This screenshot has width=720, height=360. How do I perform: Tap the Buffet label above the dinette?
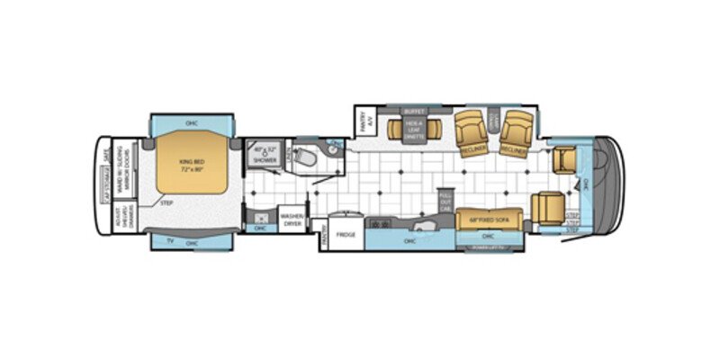[x=414, y=112]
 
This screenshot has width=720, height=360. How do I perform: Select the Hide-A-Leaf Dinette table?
[x=414, y=129]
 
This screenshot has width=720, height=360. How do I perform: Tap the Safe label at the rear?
[x=107, y=155]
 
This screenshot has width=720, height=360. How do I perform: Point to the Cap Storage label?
[x=105, y=184]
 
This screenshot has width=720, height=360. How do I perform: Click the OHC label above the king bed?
[x=192, y=122]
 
